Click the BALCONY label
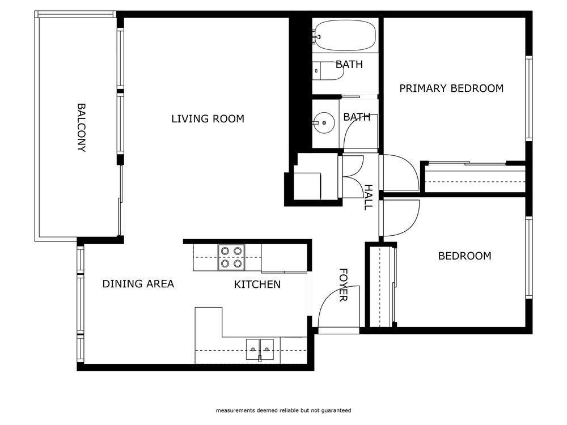81,127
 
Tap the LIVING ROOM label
208,119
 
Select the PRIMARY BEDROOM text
451,88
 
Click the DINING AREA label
138,284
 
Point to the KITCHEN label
257,284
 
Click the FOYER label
343,285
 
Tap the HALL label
368,197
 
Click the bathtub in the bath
345,35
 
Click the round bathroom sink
323,121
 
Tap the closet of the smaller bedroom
379,286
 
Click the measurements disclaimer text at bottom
283,410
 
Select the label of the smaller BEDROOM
464,256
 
